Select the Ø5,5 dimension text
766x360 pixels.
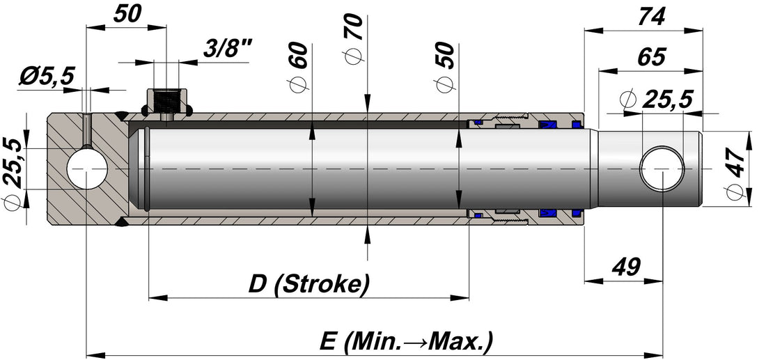[x=47, y=76]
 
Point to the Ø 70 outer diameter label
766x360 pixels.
[x=354, y=38]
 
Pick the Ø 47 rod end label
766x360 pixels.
[x=736, y=171]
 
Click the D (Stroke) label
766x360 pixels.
[x=308, y=283]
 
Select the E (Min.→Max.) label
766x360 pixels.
[x=406, y=341]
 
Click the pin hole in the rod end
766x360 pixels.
[x=662, y=169]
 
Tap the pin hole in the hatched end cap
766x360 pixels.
[x=87, y=169]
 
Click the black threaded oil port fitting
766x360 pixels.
[x=166, y=103]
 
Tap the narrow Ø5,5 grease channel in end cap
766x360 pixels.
[x=86, y=130]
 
